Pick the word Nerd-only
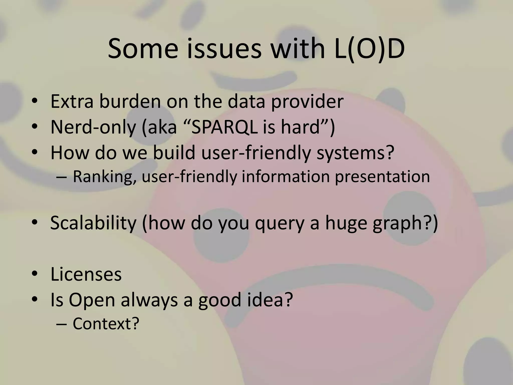(93, 127)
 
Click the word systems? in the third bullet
(355, 153)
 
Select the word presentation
(382, 177)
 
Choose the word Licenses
(86, 274)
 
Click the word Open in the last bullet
(92, 300)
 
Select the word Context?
(106, 324)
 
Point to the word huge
(346, 223)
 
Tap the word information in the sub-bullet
(286, 177)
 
